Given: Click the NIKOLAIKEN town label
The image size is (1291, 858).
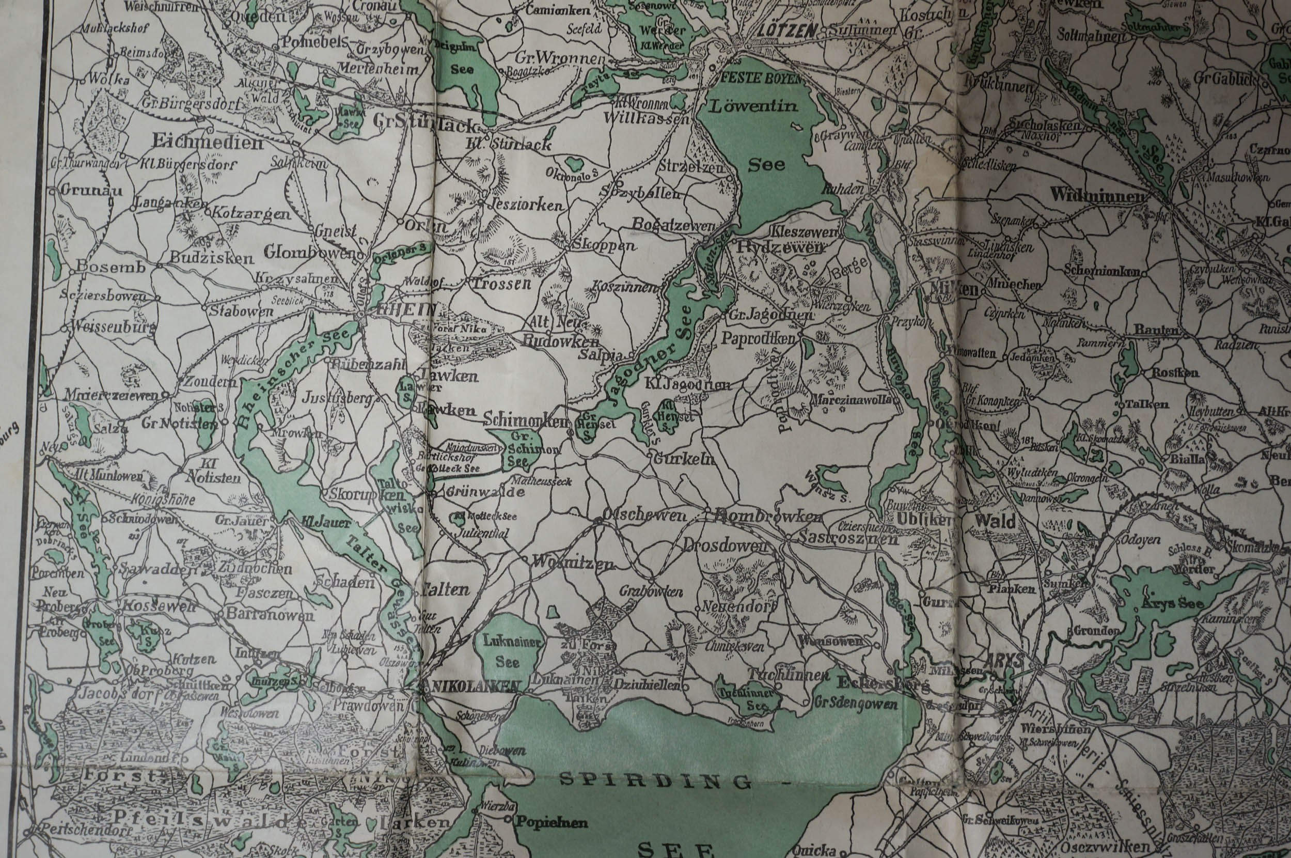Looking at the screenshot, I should pyautogui.click(x=474, y=686).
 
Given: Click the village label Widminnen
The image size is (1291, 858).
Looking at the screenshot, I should pyautogui.click(x=1100, y=195).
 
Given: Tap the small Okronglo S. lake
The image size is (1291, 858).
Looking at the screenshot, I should pyautogui.click(x=575, y=163).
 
